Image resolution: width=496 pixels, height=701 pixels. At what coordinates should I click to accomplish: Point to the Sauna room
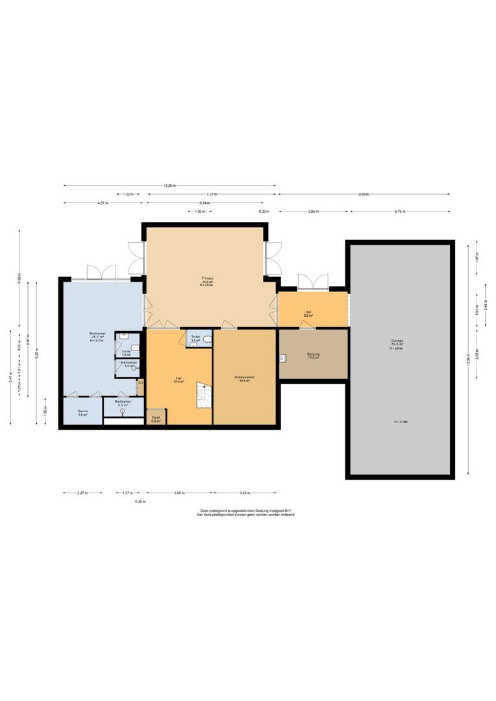(x=82, y=412)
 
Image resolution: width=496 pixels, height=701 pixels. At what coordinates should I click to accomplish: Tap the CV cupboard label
(x=140, y=383)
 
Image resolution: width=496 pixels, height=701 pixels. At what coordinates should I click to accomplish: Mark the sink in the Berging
(x=283, y=357)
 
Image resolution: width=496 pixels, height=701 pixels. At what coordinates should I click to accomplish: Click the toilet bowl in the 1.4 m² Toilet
(x=206, y=339)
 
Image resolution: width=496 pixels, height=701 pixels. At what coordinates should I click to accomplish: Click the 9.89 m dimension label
(x=363, y=194)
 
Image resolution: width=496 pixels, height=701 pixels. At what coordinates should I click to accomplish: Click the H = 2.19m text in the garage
(x=399, y=422)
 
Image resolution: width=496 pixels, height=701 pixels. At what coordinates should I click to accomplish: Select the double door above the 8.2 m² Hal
(x=313, y=282)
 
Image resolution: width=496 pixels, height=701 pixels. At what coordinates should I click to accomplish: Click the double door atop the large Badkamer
(x=101, y=272)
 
